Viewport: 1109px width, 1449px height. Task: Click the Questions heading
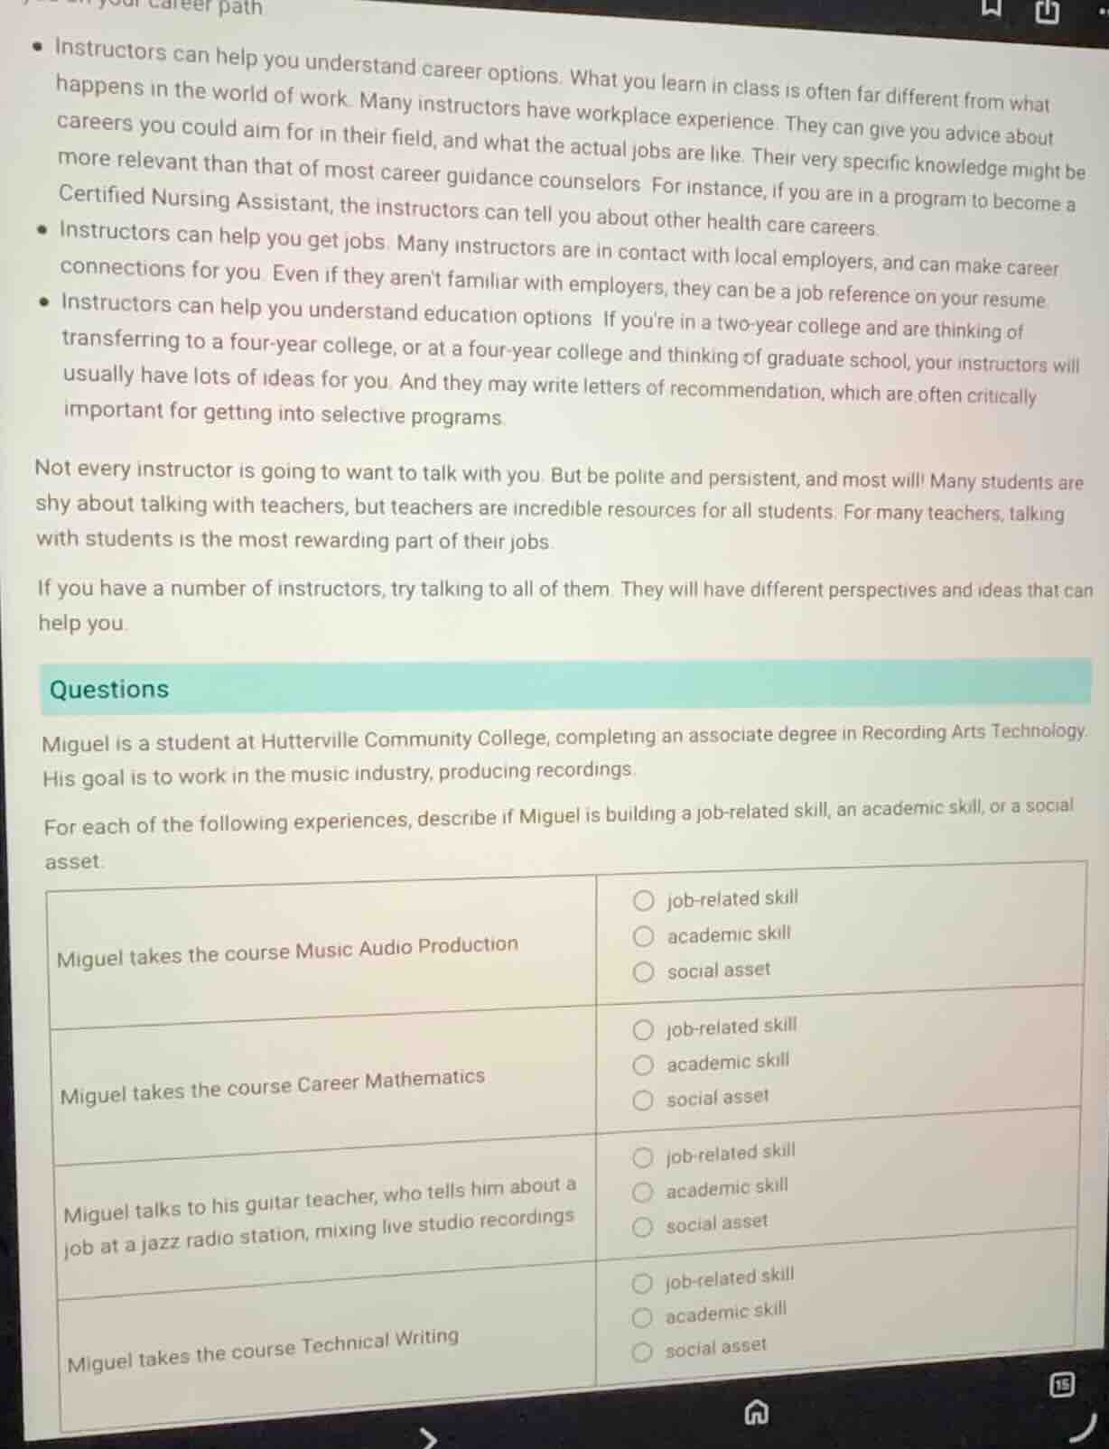pos(109,689)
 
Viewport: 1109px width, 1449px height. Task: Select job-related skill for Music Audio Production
pos(643,900)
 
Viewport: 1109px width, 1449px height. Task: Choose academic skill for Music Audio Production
pos(643,936)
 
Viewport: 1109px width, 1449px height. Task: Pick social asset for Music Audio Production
pos(643,972)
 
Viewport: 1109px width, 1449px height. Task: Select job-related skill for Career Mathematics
pos(643,1030)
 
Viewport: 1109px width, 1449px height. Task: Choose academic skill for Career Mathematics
pos(643,1065)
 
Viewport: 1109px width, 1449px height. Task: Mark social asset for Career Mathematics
pos(643,1101)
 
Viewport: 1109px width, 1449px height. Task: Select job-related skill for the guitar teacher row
pos(643,1157)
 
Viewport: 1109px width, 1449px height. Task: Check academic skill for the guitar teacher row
pos(642,1193)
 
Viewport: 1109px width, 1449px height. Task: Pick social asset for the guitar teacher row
pos(642,1227)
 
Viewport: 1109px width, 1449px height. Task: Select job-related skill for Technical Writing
pos(642,1283)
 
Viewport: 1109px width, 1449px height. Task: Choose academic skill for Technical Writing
pos(642,1317)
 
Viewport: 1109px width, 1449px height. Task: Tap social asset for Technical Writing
pos(642,1351)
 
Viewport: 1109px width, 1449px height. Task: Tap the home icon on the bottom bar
pos(756,1412)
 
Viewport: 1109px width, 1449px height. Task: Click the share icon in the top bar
pos(1046,11)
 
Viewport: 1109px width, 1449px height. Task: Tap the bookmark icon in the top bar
pos(991,8)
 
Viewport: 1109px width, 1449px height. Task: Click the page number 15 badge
pos(1062,1384)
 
